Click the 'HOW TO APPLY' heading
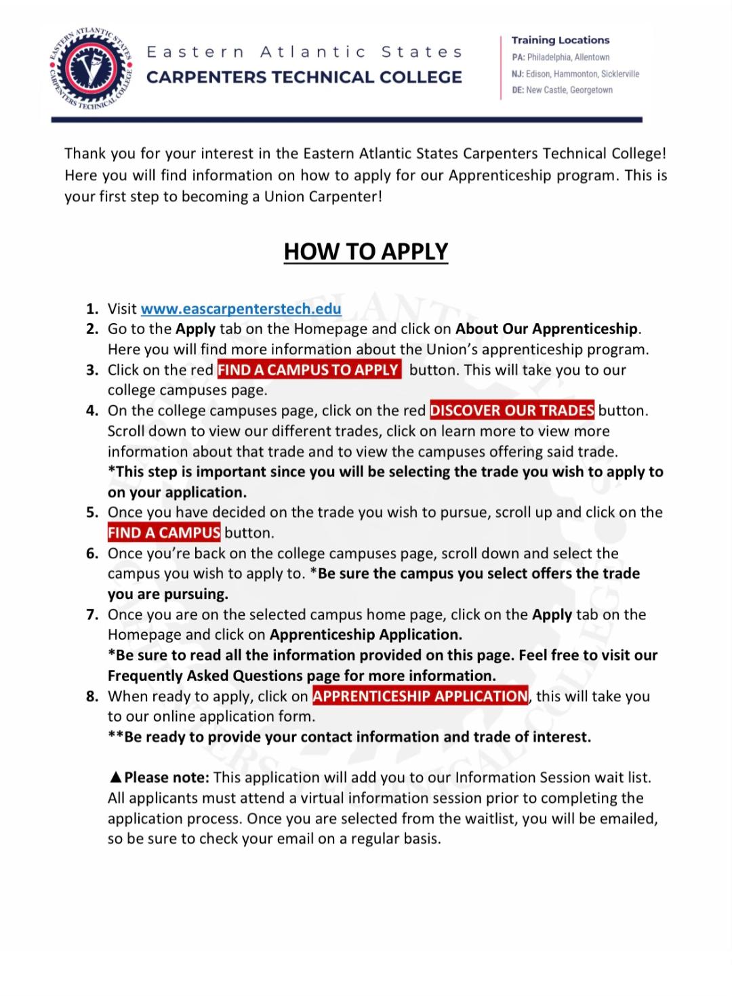pos(366,251)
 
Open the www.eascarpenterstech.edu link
pos(241,309)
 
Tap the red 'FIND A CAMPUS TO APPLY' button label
pos(308,370)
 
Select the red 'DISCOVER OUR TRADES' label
pos(512,411)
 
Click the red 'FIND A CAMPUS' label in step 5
pos(164,533)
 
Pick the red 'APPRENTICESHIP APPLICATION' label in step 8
pos(420,696)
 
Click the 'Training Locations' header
pos(561,40)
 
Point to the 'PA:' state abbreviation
pos(518,58)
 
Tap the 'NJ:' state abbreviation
pos(518,74)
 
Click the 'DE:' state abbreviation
pos(518,90)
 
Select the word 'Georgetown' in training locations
pos(591,90)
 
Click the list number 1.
pos(92,309)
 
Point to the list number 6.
pos(92,554)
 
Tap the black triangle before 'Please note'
pos(115,777)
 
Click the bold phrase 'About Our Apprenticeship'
pos(546,329)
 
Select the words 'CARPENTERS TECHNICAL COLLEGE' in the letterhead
pos(304,77)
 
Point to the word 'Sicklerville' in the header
pos(620,74)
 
